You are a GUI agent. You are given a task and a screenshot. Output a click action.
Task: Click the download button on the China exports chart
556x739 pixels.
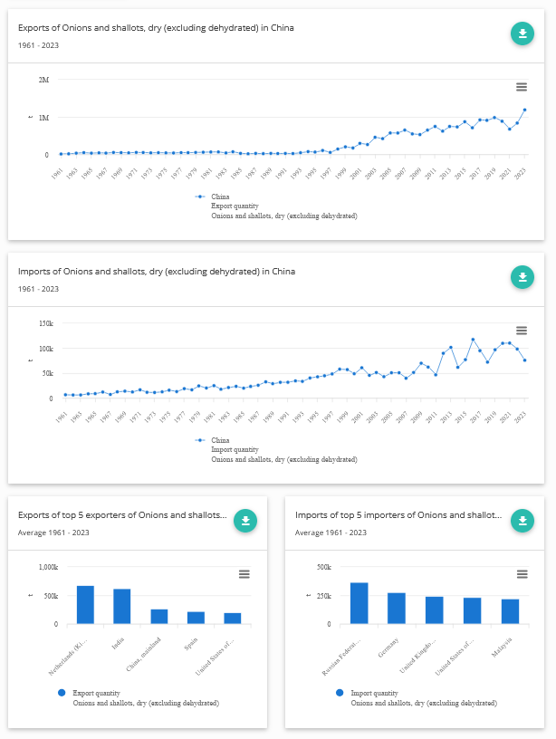click(522, 34)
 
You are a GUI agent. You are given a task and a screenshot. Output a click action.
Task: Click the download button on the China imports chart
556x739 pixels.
click(522, 277)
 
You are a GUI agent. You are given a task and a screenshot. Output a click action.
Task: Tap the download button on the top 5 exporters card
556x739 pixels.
click(245, 521)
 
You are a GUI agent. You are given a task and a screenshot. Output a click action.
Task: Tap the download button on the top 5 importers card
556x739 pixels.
click(522, 521)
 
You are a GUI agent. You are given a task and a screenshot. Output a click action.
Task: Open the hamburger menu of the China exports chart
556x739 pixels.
click(522, 87)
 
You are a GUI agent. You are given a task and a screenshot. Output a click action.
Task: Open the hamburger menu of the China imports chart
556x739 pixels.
click(522, 331)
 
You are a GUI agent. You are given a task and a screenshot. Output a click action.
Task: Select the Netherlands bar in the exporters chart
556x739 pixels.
click(85, 605)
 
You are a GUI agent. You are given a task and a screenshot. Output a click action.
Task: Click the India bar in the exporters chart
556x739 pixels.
click(122, 607)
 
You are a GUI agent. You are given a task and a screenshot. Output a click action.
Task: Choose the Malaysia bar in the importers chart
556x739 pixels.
click(510, 611)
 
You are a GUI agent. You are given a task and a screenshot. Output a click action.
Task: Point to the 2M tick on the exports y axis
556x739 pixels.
click(43, 80)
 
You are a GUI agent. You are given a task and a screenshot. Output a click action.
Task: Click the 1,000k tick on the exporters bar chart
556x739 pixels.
click(48, 568)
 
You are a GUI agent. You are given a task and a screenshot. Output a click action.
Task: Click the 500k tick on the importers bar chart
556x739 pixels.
click(322, 568)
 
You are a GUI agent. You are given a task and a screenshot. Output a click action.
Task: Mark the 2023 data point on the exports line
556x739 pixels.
click(524, 110)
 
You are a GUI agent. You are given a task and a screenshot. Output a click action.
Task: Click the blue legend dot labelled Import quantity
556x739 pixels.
click(339, 693)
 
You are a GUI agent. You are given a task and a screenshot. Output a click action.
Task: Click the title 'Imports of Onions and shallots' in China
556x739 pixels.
click(157, 272)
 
